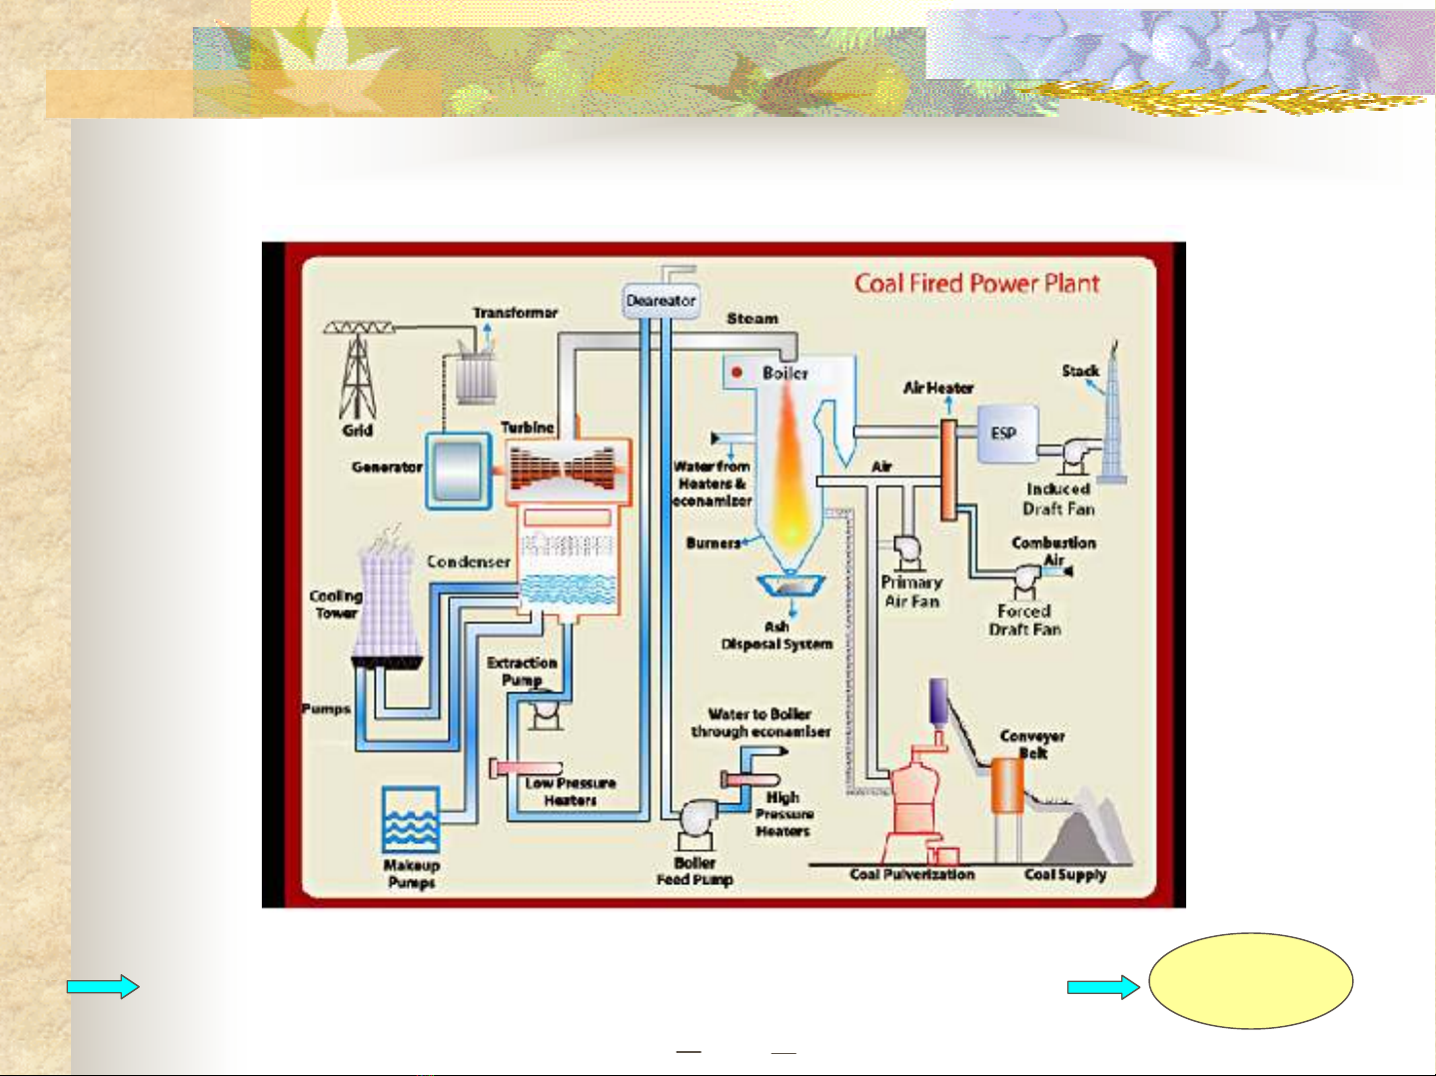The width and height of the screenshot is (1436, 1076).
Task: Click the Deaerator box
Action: [x=661, y=301]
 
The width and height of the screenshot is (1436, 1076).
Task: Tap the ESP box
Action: [x=1005, y=434]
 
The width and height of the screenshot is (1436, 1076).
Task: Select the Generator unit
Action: [x=459, y=470]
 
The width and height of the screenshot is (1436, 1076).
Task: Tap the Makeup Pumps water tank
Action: [x=411, y=820]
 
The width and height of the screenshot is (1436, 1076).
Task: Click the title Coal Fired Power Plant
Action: [x=976, y=284]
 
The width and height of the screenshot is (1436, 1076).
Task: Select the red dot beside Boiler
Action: [x=737, y=373]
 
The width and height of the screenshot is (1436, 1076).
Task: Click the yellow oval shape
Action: [x=1250, y=981]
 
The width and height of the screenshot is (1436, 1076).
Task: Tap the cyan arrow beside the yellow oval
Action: [x=1102, y=987]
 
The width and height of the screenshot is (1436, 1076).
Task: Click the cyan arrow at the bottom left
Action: [x=102, y=987]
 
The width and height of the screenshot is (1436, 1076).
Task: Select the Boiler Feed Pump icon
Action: [x=696, y=819]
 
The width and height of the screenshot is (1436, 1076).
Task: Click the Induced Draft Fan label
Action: [x=1058, y=499]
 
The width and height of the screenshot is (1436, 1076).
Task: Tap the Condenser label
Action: [x=468, y=561]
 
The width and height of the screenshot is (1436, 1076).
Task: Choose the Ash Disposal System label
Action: [x=776, y=635]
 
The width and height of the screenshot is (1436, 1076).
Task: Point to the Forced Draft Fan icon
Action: [x=1026, y=578]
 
